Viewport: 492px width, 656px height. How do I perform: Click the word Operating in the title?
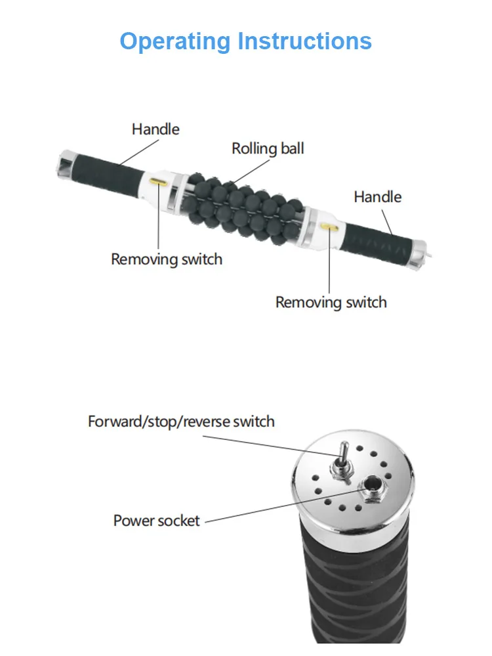pyautogui.click(x=176, y=42)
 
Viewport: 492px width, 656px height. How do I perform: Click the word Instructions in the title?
pyautogui.click(x=304, y=41)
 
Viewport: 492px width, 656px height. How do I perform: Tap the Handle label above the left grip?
pyautogui.click(x=155, y=129)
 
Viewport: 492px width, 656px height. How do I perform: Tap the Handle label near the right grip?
pyautogui.click(x=378, y=196)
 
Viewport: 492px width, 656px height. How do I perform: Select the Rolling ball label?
pyautogui.click(x=268, y=148)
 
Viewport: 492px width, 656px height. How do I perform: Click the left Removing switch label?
pyautogui.click(x=167, y=259)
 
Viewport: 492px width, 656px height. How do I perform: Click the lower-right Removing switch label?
pyautogui.click(x=331, y=302)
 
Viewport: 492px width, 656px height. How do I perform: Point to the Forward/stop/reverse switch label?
pyautogui.click(x=181, y=421)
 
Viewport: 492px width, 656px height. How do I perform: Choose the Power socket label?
pyautogui.click(x=156, y=521)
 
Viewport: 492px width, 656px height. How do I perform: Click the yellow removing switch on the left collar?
pyautogui.click(x=158, y=181)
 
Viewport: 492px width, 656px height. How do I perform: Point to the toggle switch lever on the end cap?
pyautogui.click(x=341, y=456)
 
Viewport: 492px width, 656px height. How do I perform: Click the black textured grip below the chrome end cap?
pyautogui.click(x=354, y=591)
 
